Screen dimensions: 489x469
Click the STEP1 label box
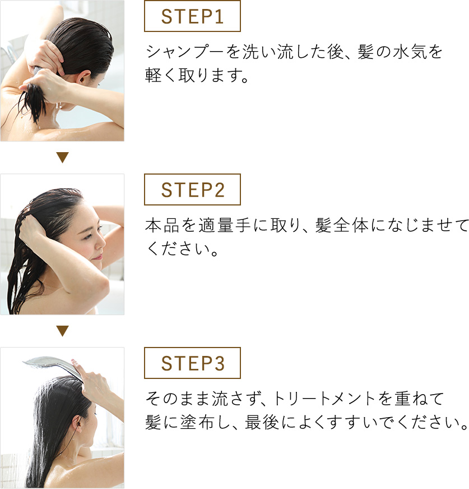(x=192, y=16)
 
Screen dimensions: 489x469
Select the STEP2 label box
(x=192, y=190)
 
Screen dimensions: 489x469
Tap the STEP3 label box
(x=192, y=363)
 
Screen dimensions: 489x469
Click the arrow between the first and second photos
(x=62, y=158)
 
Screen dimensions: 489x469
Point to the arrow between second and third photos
(x=62, y=331)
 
